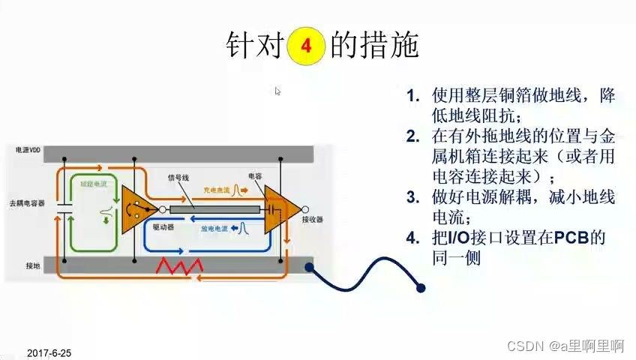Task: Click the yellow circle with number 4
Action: tap(306, 46)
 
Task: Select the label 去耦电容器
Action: tap(28, 203)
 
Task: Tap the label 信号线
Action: tap(178, 178)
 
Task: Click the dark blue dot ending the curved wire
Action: tap(421, 287)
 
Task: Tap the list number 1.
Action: tap(412, 97)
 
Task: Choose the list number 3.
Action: tap(412, 198)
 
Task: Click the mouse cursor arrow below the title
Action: tap(277, 91)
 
